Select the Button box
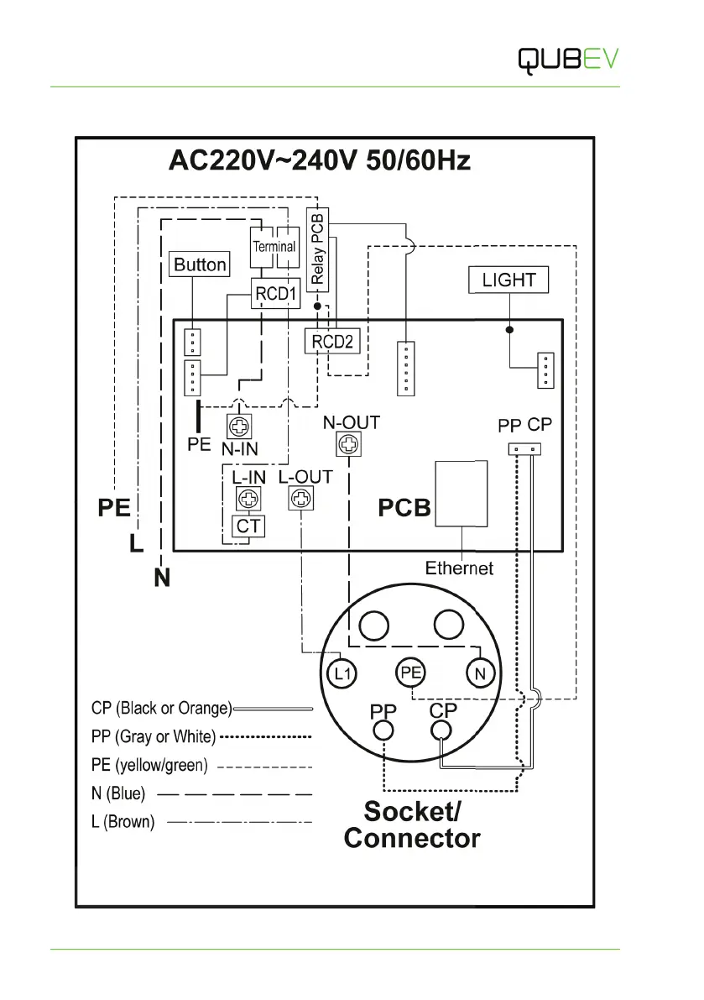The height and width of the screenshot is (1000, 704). coord(200,265)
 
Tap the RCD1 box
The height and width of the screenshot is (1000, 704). coord(276,295)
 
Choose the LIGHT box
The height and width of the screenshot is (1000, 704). coord(508,280)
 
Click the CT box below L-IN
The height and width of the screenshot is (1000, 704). coord(247,526)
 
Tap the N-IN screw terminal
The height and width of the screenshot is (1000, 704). coord(238,427)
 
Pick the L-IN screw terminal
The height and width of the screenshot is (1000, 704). coord(247,500)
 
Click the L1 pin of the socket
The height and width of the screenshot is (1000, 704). coord(339,673)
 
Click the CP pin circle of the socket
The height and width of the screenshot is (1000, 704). coord(441,730)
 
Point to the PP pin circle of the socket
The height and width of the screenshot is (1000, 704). coord(383,730)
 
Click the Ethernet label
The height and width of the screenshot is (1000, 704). coord(459,568)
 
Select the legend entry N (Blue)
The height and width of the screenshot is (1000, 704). coord(118,793)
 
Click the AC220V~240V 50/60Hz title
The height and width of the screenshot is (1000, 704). coord(320,160)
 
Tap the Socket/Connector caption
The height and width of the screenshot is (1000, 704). coord(412,825)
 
